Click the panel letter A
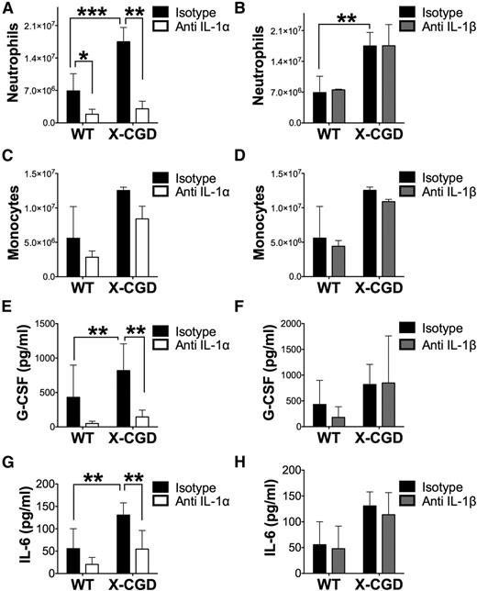coord(7,9)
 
